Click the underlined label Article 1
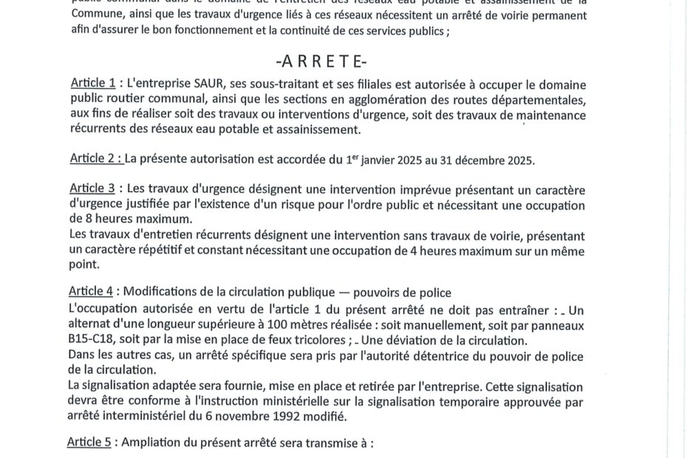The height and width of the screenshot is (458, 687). click(x=93, y=83)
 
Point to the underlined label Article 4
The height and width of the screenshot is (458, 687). click(x=93, y=291)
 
